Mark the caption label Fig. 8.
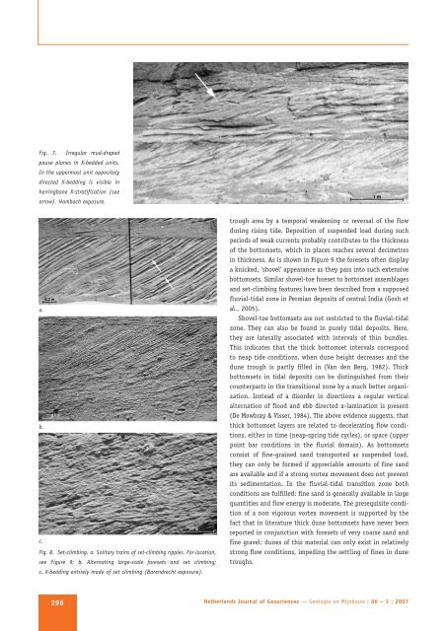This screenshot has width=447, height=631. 46,554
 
